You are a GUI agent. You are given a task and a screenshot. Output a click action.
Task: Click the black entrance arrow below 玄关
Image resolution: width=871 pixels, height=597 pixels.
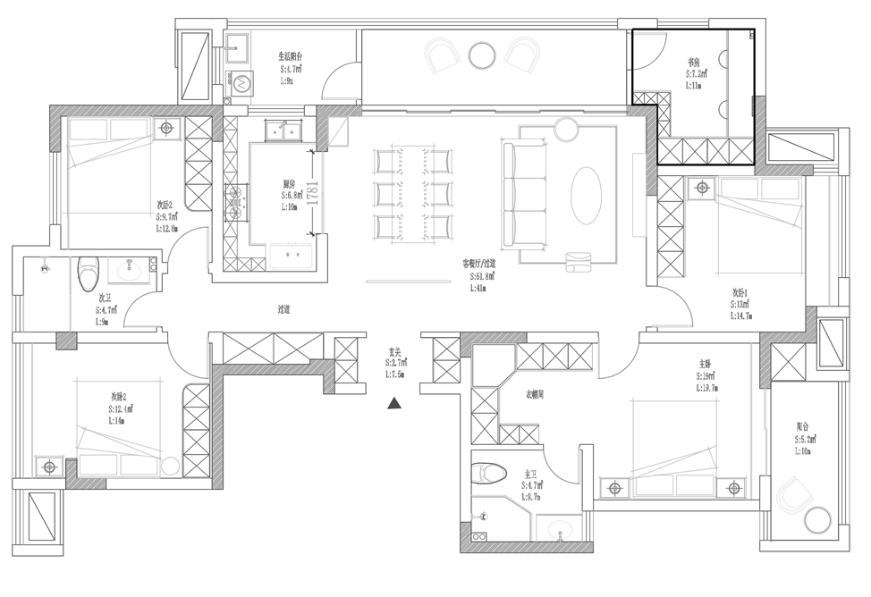click(393, 403)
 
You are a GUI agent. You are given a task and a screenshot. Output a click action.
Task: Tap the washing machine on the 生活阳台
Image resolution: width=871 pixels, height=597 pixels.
click(241, 82)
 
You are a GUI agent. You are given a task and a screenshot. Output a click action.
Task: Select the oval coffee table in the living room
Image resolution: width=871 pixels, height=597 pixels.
click(587, 194)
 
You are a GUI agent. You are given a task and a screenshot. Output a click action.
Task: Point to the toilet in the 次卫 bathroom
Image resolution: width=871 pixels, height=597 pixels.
click(88, 273)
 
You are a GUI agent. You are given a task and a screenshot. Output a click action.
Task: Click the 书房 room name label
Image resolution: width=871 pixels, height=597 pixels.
click(693, 63)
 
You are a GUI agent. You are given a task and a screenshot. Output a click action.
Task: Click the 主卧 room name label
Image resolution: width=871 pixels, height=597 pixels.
click(705, 365)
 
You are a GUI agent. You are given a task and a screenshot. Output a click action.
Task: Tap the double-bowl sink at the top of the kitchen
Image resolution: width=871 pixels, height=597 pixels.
click(285, 131)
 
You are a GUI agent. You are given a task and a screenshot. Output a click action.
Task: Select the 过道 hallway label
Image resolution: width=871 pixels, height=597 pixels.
click(284, 309)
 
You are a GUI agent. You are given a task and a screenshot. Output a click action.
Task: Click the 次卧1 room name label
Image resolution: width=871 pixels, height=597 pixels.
click(741, 292)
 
